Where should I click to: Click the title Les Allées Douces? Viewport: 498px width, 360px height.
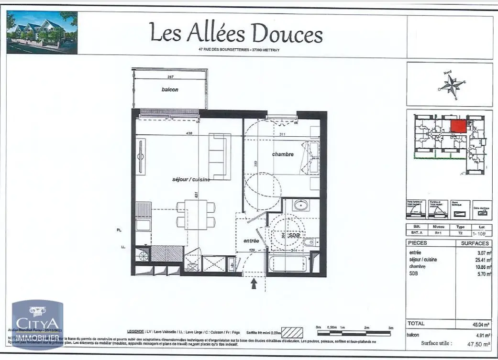pos(236,33)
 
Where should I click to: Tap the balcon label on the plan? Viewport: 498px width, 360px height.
pos(169,89)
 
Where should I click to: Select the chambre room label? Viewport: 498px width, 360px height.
pos(283,154)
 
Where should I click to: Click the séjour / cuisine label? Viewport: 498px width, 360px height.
pos(191,179)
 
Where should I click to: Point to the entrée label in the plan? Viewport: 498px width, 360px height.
pos(251,241)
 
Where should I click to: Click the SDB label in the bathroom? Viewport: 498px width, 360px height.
pos(294,235)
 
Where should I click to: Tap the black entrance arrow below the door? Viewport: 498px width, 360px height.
pos(254,284)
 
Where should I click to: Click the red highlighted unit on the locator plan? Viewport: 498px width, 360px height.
pos(459,126)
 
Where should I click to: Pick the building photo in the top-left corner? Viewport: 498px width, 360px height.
pos(42,33)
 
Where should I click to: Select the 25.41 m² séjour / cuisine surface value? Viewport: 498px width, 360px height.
pos(480,260)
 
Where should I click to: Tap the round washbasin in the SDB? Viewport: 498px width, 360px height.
pos(301,206)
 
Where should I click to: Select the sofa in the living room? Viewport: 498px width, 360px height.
pos(220,156)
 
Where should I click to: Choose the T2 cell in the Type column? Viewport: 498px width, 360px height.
pos(460,233)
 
